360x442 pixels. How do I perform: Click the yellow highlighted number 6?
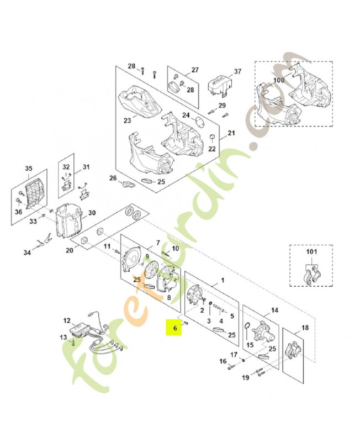175,328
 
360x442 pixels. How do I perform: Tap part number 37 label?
238,72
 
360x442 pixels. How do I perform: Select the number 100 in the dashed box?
279,80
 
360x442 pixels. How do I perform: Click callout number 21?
231,133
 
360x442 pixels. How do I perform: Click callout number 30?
92,213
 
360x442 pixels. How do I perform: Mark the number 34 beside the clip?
27,252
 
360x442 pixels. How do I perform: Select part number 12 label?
67,320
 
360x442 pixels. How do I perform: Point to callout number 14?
274,311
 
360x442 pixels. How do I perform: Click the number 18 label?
305,328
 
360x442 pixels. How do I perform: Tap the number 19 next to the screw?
246,378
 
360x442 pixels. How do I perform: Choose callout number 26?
113,178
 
